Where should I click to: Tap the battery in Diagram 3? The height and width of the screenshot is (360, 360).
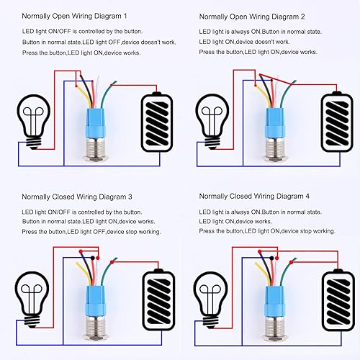[160, 297]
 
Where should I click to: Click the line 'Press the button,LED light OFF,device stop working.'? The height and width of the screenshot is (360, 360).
[91, 232]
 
